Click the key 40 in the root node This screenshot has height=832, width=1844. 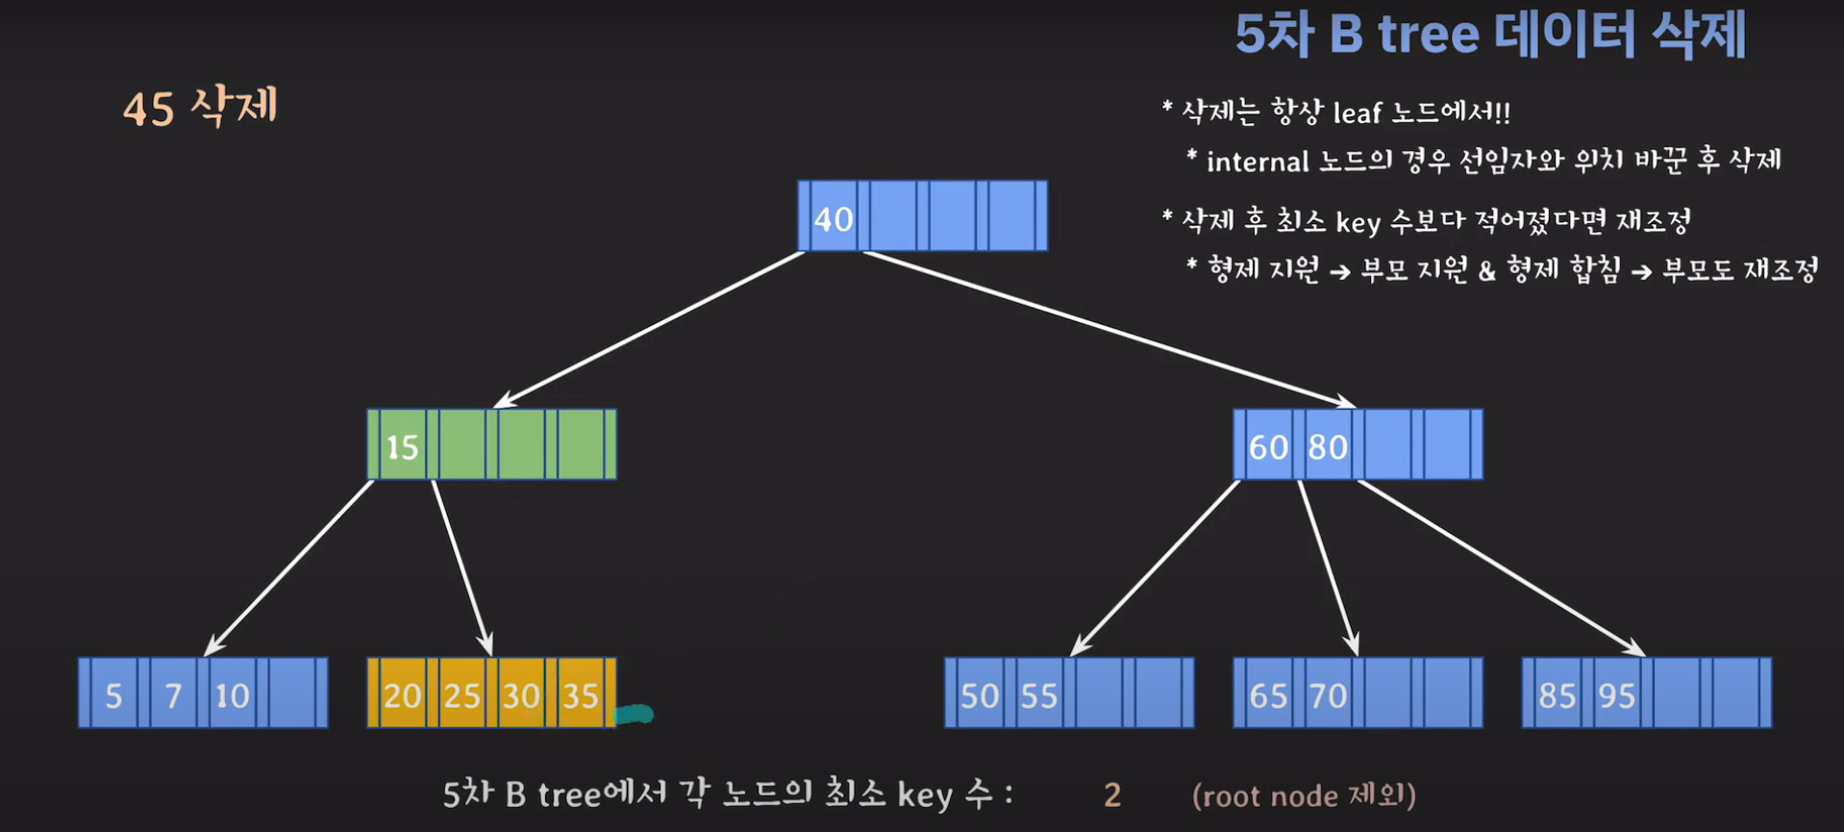click(833, 219)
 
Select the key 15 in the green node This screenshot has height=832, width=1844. click(402, 447)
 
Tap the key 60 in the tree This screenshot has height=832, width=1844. click(1267, 447)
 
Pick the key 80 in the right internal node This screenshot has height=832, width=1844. click(1328, 447)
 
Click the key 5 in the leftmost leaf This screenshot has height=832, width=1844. click(113, 695)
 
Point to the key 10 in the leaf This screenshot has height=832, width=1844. click(232, 695)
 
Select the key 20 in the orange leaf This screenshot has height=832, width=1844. click(402, 695)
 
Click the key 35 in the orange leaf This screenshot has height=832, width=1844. click(581, 695)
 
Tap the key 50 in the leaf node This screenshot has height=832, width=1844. click(980, 695)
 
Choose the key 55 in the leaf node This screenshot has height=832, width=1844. click(1039, 695)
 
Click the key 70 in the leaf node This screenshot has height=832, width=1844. click(1328, 695)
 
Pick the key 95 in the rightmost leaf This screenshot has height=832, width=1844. click(1616, 695)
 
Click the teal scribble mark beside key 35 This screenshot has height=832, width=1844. click(634, 715)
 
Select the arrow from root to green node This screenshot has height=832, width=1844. click(649, 329)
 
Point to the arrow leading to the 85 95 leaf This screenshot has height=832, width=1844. click(1500, 567)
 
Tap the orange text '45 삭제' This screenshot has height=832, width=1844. click(200, 107)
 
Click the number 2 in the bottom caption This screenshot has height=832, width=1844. click(1112, 795)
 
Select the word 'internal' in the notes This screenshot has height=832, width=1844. click(1258, 161)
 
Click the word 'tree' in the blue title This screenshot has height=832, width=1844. click(1428, 35)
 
